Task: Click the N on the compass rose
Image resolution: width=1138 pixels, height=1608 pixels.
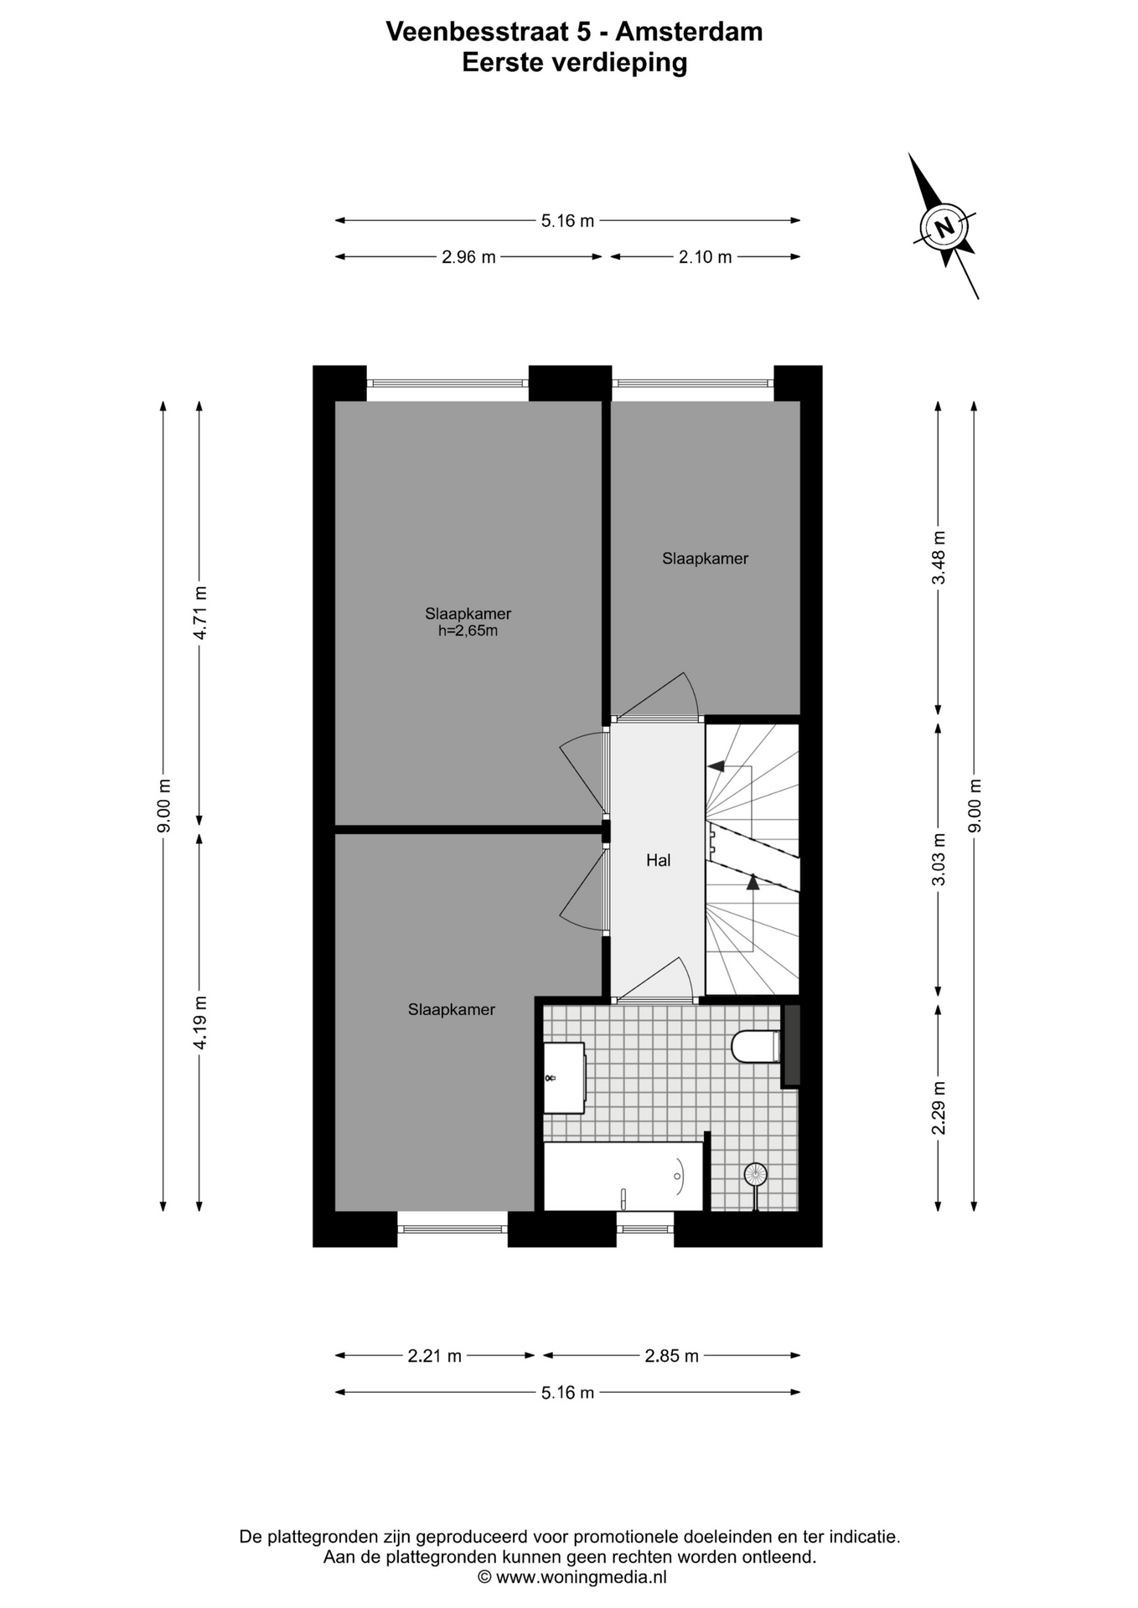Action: coord(944,226)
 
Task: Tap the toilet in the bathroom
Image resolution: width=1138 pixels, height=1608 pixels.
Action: coord(756,1046)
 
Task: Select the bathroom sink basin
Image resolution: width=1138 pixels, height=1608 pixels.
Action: coord(564,1078)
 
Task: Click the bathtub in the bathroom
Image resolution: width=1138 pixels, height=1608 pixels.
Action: coord(623,1176)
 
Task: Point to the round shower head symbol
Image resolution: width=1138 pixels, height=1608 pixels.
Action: coord(756,1174)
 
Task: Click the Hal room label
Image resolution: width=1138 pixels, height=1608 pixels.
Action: coord(658,860)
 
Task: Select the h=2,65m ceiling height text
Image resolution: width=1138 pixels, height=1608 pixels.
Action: coord(468,631)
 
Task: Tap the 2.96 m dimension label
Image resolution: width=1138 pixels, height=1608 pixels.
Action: coord(468,257)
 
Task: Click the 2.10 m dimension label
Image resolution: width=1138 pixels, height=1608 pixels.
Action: coord(706,257)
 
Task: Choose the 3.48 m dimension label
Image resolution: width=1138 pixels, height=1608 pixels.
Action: coord(939,558)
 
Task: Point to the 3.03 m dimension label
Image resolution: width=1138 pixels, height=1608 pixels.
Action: coord(939,858)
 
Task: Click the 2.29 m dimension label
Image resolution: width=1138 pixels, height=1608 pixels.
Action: coord(939,1108)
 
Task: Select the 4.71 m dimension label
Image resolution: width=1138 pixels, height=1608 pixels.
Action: coord(199,613)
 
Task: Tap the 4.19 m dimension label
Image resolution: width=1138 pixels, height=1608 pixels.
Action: coord(199,1023)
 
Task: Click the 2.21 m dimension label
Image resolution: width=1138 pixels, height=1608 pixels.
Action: coord(435,1356)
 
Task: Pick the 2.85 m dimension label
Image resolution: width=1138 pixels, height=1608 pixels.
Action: coord(672,1356)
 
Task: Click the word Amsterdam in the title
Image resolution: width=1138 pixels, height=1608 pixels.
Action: coord(689,32)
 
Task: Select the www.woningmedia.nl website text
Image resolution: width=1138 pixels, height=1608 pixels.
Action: coord(581,1577)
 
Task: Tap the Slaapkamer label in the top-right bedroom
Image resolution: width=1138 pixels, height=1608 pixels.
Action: coord(705,559)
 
